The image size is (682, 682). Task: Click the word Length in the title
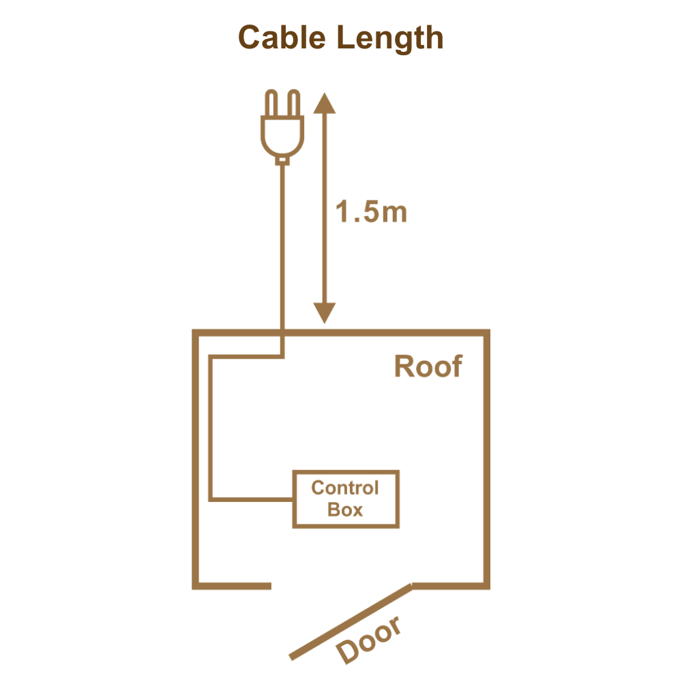[391, 40]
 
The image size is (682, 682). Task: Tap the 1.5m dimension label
[372, 213]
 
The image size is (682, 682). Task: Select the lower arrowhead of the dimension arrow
[324, 314]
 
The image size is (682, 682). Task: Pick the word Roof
[428, 367]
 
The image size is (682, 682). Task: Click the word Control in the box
[345, 488]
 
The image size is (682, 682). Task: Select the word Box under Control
[345, 509]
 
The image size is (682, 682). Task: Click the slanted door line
[349, 621]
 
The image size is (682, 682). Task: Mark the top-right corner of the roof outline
[488, 332]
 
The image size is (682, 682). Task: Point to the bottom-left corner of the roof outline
[196, 586]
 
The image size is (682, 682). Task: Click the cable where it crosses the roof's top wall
[282, 332]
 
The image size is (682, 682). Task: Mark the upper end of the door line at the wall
[411, 586]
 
